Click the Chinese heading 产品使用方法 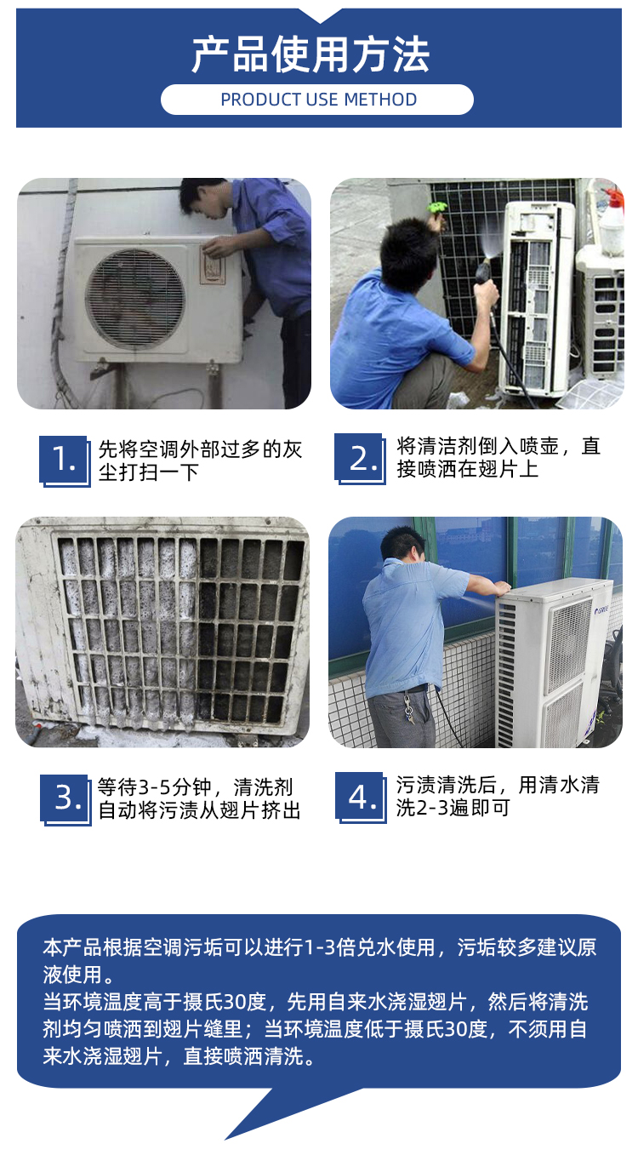coord(310,54)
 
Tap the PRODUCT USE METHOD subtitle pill coord(317,100)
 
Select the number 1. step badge coord(64,460)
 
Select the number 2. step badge coord(360,459)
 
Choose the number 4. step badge coord(361,798)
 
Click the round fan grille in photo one coord(134,298)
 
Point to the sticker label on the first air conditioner coord(213,265)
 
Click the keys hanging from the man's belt coord(408,707)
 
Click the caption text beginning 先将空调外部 coord(200,460)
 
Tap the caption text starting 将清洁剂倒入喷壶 coord(498,458)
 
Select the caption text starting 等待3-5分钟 coord(199,798)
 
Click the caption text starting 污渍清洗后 coord(498,796)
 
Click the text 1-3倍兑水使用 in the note coord(368,947)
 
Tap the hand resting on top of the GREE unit coord(501,588)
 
